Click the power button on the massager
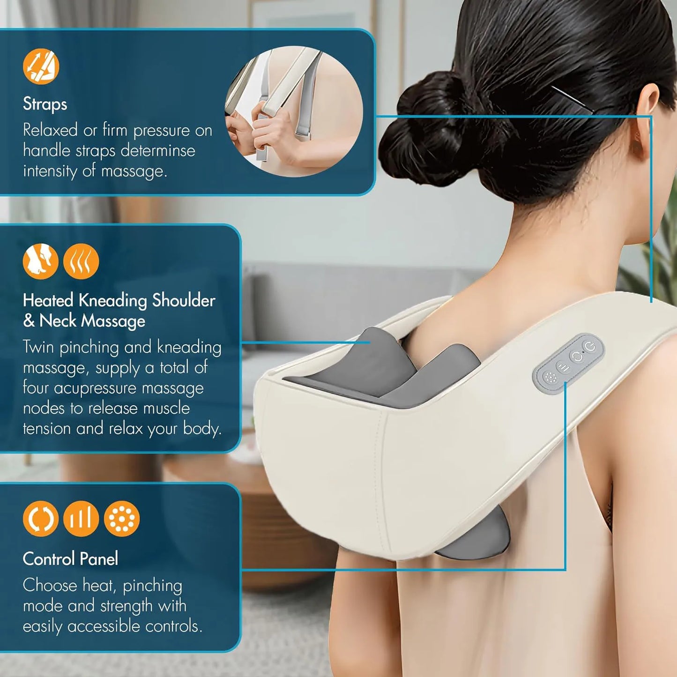point(590,347)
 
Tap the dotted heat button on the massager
point(550,378)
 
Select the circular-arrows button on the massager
point(577,357)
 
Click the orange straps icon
point(41,67)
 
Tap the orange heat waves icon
point(81,261)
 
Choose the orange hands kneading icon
point(41,261)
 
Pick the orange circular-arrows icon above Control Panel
point(41,519)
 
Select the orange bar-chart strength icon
point(81,519)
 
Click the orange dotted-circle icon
point(121,519)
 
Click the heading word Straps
point(45,104)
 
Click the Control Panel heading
point(70,558)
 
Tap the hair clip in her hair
point(571,98)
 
